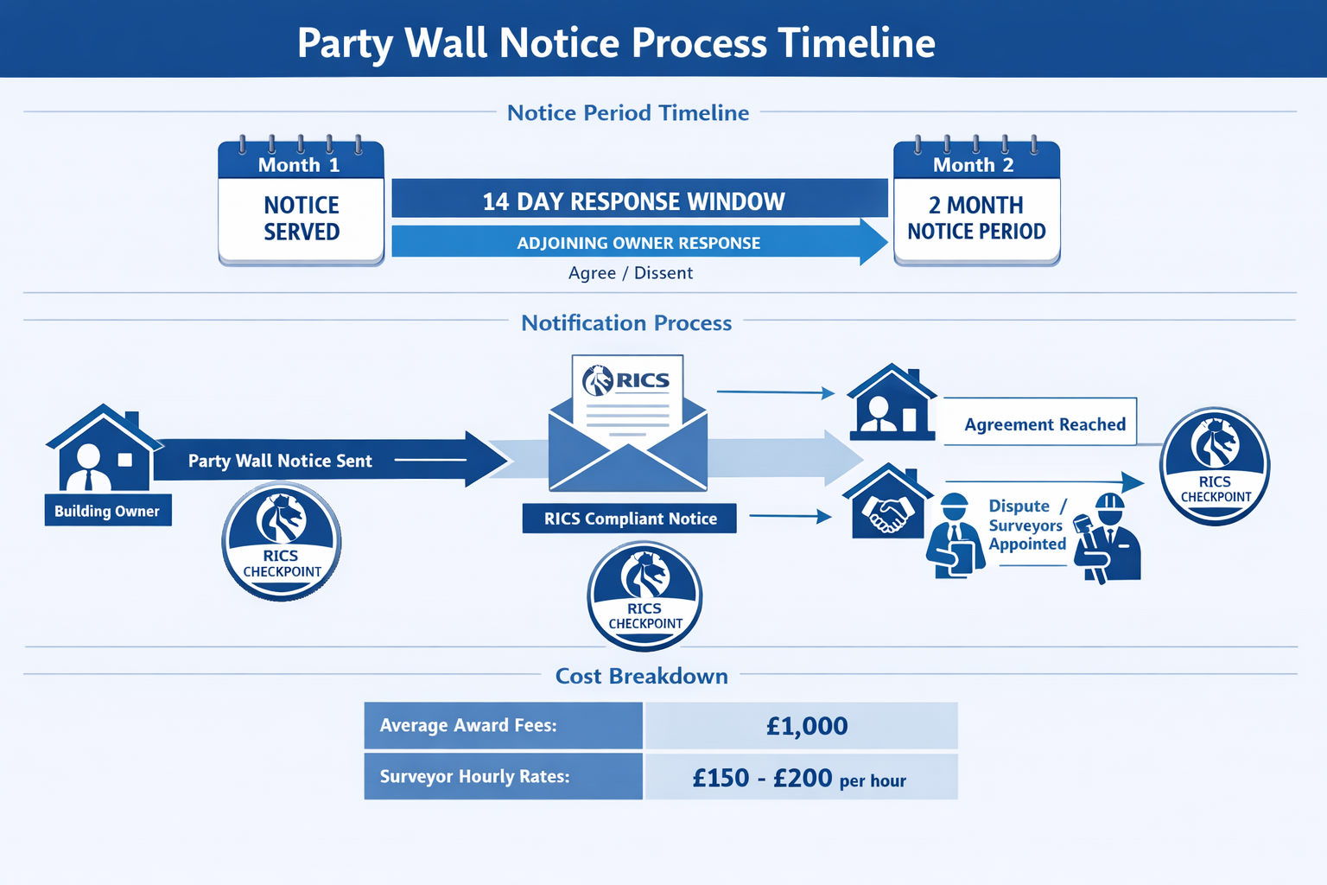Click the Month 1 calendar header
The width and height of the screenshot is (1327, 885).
pyautogui.click(x=300, y=163)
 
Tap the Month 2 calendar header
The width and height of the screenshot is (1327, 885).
pyautogui.click(x=975, y=163)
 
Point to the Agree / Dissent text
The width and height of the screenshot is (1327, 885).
pyautogui.click(x=630, y=273)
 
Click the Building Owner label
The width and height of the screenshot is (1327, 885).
pyautogui.click(x=107, y=511)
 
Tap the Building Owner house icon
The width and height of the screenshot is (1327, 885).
pyautogui.click(x=102, y=449)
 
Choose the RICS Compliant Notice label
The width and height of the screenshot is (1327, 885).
pyautogui.click(x=630, y=519)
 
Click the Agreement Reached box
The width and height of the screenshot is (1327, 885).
pyautogui.click(x=1040, y=423)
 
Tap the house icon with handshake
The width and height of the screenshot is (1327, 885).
pyautogui.click(x=887, y=505)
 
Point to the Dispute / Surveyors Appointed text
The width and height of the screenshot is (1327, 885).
pyautogui.click(x=1026, y=525)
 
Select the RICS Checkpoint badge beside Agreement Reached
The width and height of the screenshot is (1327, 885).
pyautogui.click(x=1215, y=467)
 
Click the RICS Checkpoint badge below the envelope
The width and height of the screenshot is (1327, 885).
pyautogui.click(x=644, y=596)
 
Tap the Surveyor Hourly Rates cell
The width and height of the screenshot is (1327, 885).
pyautogui.click(x=503, y=776)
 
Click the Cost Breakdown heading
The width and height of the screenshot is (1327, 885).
pyautogui.click(x=641, y=676)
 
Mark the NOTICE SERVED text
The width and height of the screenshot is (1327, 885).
pyautogui.click(x=301, y=219)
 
